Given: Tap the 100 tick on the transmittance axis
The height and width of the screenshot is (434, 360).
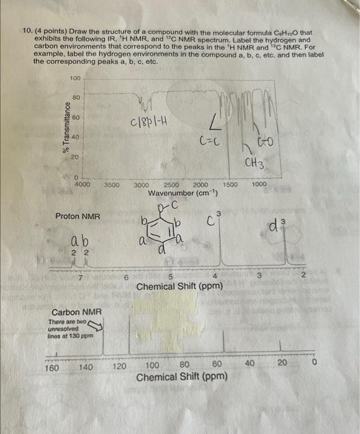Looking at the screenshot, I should coord(75,78).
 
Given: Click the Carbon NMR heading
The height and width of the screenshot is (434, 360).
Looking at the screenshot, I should coord(73,312).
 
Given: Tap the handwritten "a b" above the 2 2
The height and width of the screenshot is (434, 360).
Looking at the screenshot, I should coord(79,241).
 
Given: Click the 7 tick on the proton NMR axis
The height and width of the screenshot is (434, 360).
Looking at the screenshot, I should coord(81,277).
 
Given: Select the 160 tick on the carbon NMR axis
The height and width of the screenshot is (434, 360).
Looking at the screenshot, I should coord(53,366).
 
